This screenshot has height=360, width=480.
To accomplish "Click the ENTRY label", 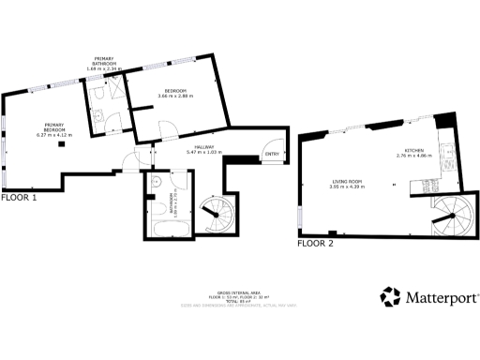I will coord(272,155).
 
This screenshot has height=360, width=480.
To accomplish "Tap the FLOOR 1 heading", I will coord(19,198).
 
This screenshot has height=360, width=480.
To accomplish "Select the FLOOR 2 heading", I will coord(315,243).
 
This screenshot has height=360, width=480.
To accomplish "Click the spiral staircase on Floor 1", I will coord(218,217).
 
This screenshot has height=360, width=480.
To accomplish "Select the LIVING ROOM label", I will coord(347,182).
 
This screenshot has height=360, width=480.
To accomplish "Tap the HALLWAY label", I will coord(206,147).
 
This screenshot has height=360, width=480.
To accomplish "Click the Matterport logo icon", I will coord(390,297).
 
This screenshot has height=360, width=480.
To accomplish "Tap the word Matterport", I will coord(442,297).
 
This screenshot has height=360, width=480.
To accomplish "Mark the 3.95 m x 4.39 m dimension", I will coord(347,187).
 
